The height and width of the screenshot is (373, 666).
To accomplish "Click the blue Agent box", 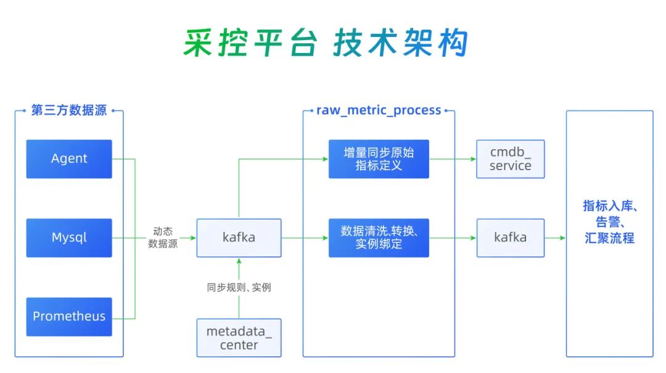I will point(69,159).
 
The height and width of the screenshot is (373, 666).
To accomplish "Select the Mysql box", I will point(69,238).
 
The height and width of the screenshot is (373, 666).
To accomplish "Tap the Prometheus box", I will point(69,317).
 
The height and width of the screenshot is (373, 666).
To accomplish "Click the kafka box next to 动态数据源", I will point(239,238).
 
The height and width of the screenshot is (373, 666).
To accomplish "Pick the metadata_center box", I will point(239,338).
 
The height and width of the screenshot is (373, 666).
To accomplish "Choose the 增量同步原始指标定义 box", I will point(378,159).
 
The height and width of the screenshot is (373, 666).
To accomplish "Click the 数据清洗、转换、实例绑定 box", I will point(378,238).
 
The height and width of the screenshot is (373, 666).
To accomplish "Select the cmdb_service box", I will point(510,159).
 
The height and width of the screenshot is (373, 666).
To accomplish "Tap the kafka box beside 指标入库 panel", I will point(510,238).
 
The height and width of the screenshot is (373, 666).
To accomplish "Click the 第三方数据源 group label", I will point(69,111).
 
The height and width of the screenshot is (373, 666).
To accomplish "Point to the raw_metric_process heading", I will point(379,111).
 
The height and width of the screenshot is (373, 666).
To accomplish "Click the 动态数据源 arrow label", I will point(163,238).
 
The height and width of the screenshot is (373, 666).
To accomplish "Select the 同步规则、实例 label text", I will point(239,287).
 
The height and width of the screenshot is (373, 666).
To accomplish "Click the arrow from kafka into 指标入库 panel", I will point(555,238).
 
